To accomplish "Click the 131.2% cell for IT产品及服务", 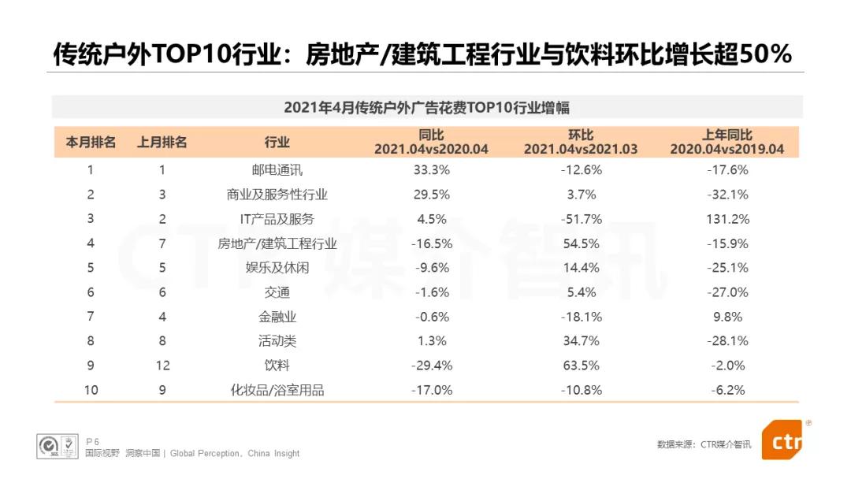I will click(x=727, y=219).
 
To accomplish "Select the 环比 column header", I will click(x=581, y=143).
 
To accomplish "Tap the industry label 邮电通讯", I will click(x=277, y=169).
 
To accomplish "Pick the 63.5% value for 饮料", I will click(x=581, y=366).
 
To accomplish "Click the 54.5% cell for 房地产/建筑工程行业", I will click(x=581, y=243).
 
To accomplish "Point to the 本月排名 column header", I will click(x=91, y=143).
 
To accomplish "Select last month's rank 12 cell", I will click(x=162, y=366).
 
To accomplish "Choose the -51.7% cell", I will click(x=581, y=219).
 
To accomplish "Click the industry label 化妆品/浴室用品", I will click(x=277, y=390).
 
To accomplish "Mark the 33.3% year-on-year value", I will click(x=431, y=169).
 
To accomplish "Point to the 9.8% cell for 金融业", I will click(x=727, y=317).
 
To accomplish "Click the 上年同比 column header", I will click(x=727, y=143).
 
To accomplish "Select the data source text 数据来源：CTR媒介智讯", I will click(x=704, y=444).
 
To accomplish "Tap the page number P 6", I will click(x=92, y=442).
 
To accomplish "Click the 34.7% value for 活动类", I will click(x=581, y=341).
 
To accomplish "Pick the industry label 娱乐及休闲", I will click(x=277, y=268).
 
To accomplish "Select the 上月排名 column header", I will click(x=162, y=143).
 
